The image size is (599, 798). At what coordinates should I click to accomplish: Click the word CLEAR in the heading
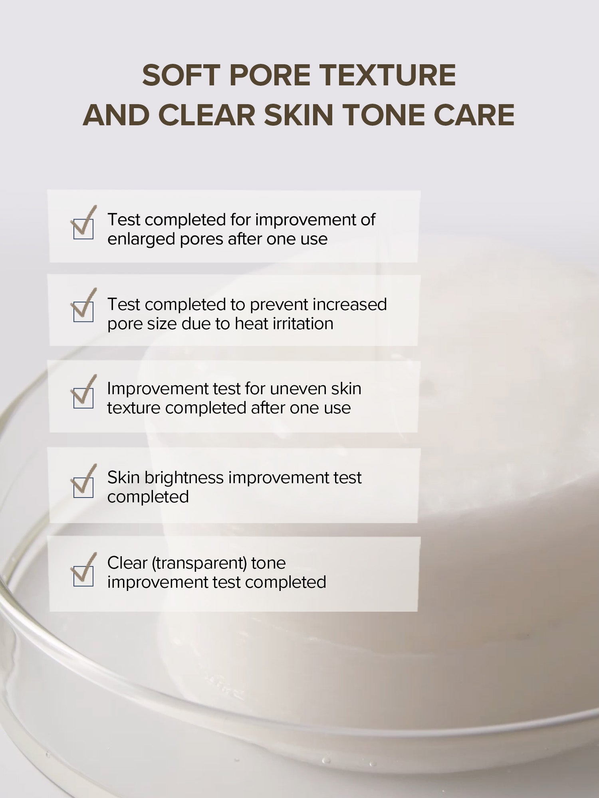click(x=207, y=115)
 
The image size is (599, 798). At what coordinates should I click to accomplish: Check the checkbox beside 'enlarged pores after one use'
click(x=83, y=229)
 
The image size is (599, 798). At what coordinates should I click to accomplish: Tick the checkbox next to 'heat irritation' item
click(x=83, y=312)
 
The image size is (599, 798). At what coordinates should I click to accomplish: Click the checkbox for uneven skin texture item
click(x=83, y=398)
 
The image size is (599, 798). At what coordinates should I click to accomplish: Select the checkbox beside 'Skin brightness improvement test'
click(x=83, y=488)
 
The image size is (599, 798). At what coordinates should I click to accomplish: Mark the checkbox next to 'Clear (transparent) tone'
click(x=83, y=576)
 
